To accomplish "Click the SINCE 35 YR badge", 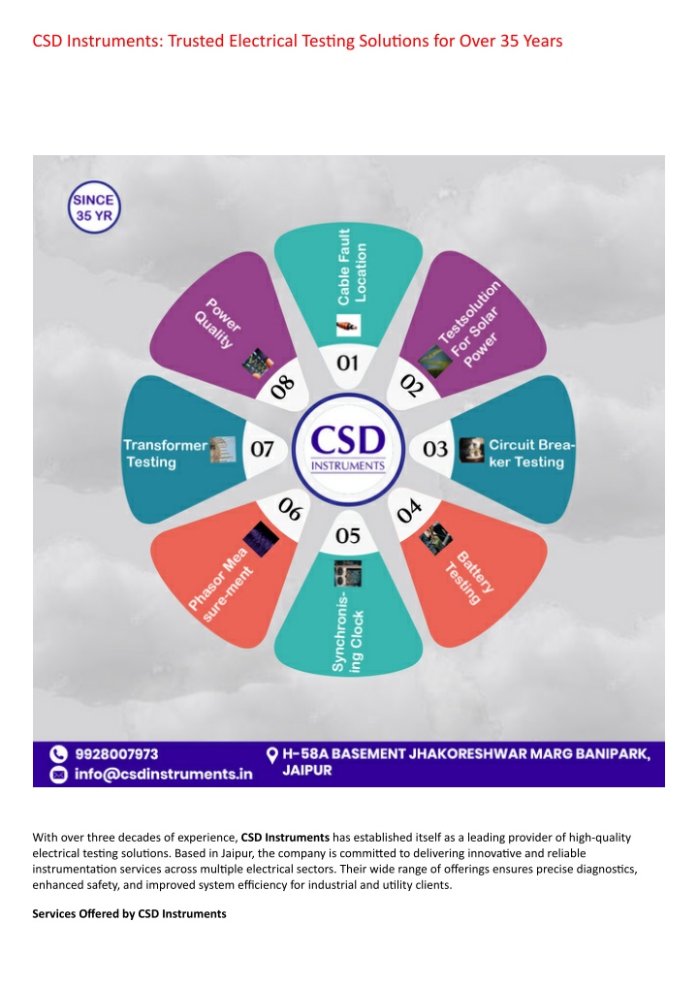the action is coord(94,207).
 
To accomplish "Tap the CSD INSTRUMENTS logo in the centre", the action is coord(348,449).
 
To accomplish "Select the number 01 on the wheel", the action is coord(348,363).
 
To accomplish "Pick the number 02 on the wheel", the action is coord(412,385).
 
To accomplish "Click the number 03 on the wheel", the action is coord(435,449).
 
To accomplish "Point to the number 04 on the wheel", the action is coord(409,511).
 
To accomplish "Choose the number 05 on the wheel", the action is coord(348,536).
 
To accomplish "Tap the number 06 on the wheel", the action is coord(290,509).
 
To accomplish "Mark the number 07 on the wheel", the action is coord(262,449).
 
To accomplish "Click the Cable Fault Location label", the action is coord(352,267).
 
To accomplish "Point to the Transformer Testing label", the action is coord(165,454).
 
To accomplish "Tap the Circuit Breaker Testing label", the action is coord(531,454).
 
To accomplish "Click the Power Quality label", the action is coord(217,323).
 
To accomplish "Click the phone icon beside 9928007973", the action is coord(58,754).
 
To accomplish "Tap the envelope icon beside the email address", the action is coord(58,775).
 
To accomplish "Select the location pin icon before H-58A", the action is coord(272,755).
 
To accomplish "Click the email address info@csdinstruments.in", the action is coord(164,774).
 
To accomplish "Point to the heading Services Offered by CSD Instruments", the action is coord(130,913).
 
